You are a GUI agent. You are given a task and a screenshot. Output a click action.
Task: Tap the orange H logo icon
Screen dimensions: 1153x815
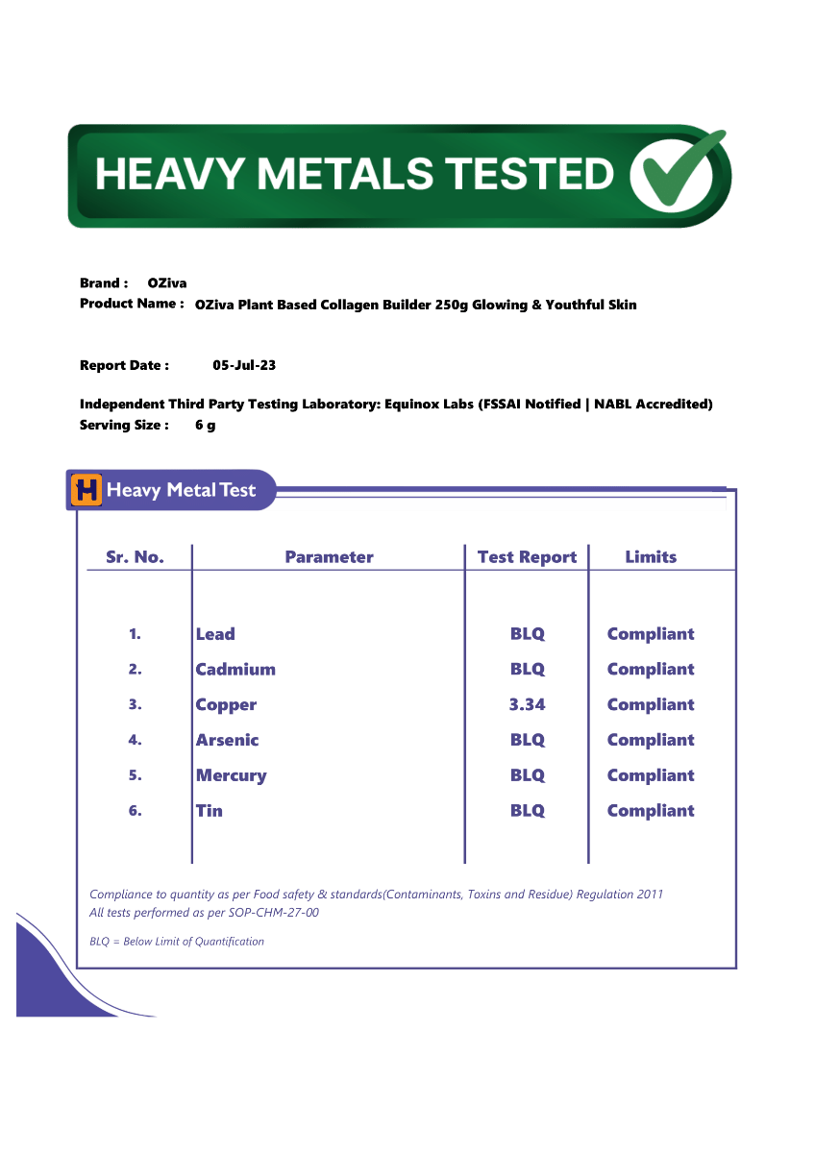pos(86,490)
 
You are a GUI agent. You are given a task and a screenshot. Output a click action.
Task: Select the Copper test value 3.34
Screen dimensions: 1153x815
pos(527,704)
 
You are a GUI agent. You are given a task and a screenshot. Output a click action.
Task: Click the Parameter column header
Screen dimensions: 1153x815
pos(329,557)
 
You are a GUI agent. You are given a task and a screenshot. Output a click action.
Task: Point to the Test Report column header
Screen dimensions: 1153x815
pos(527,557)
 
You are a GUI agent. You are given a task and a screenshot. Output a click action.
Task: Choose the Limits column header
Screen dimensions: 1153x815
pos(651,557)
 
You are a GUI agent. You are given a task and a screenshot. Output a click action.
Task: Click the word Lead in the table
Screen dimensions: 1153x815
pos(215,634)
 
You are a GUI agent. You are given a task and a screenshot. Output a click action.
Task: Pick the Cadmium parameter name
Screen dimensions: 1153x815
pos(235,670)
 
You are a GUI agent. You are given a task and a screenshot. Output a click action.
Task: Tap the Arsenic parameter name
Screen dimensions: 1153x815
pos(227,740)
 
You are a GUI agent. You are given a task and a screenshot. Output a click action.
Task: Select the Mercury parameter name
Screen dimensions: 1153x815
pos(231,775)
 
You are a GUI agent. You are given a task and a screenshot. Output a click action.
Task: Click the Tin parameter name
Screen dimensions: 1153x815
pos(209,811)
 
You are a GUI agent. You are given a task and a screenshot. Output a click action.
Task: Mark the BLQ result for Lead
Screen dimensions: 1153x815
pos(527,634)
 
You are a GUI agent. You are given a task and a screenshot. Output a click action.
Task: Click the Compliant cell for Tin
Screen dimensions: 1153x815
pos(651,811)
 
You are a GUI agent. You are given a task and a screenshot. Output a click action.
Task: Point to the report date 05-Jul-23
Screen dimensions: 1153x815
pos(244,365)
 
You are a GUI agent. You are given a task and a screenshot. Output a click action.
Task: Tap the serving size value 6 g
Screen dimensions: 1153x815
pos(205,425)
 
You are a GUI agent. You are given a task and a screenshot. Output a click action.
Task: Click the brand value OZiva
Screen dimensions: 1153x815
pos(167,283)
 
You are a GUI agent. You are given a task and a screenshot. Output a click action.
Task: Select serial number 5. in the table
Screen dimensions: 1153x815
pos(135,775)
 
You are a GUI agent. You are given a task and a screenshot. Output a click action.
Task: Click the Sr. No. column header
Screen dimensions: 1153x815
pos(135,557)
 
